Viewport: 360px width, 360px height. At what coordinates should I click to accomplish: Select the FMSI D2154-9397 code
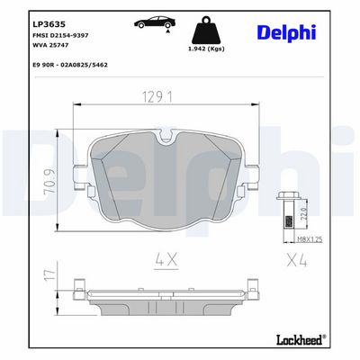pos(60,35)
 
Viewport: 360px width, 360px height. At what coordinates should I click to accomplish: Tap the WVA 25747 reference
pos(50,45)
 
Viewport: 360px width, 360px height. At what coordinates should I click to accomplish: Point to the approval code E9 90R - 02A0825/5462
pos(69,65)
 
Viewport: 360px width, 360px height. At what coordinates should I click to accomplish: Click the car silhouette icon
pos(155,22)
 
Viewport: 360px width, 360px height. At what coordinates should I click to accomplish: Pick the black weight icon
pos(206,30)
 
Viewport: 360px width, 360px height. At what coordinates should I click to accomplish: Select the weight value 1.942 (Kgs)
pos(206,49)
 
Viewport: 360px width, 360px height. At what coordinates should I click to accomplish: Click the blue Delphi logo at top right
pos(286,32)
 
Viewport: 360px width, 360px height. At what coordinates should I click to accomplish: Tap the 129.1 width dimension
pos(157,97)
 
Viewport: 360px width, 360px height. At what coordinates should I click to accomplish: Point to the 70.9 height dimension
pos(49,182)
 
